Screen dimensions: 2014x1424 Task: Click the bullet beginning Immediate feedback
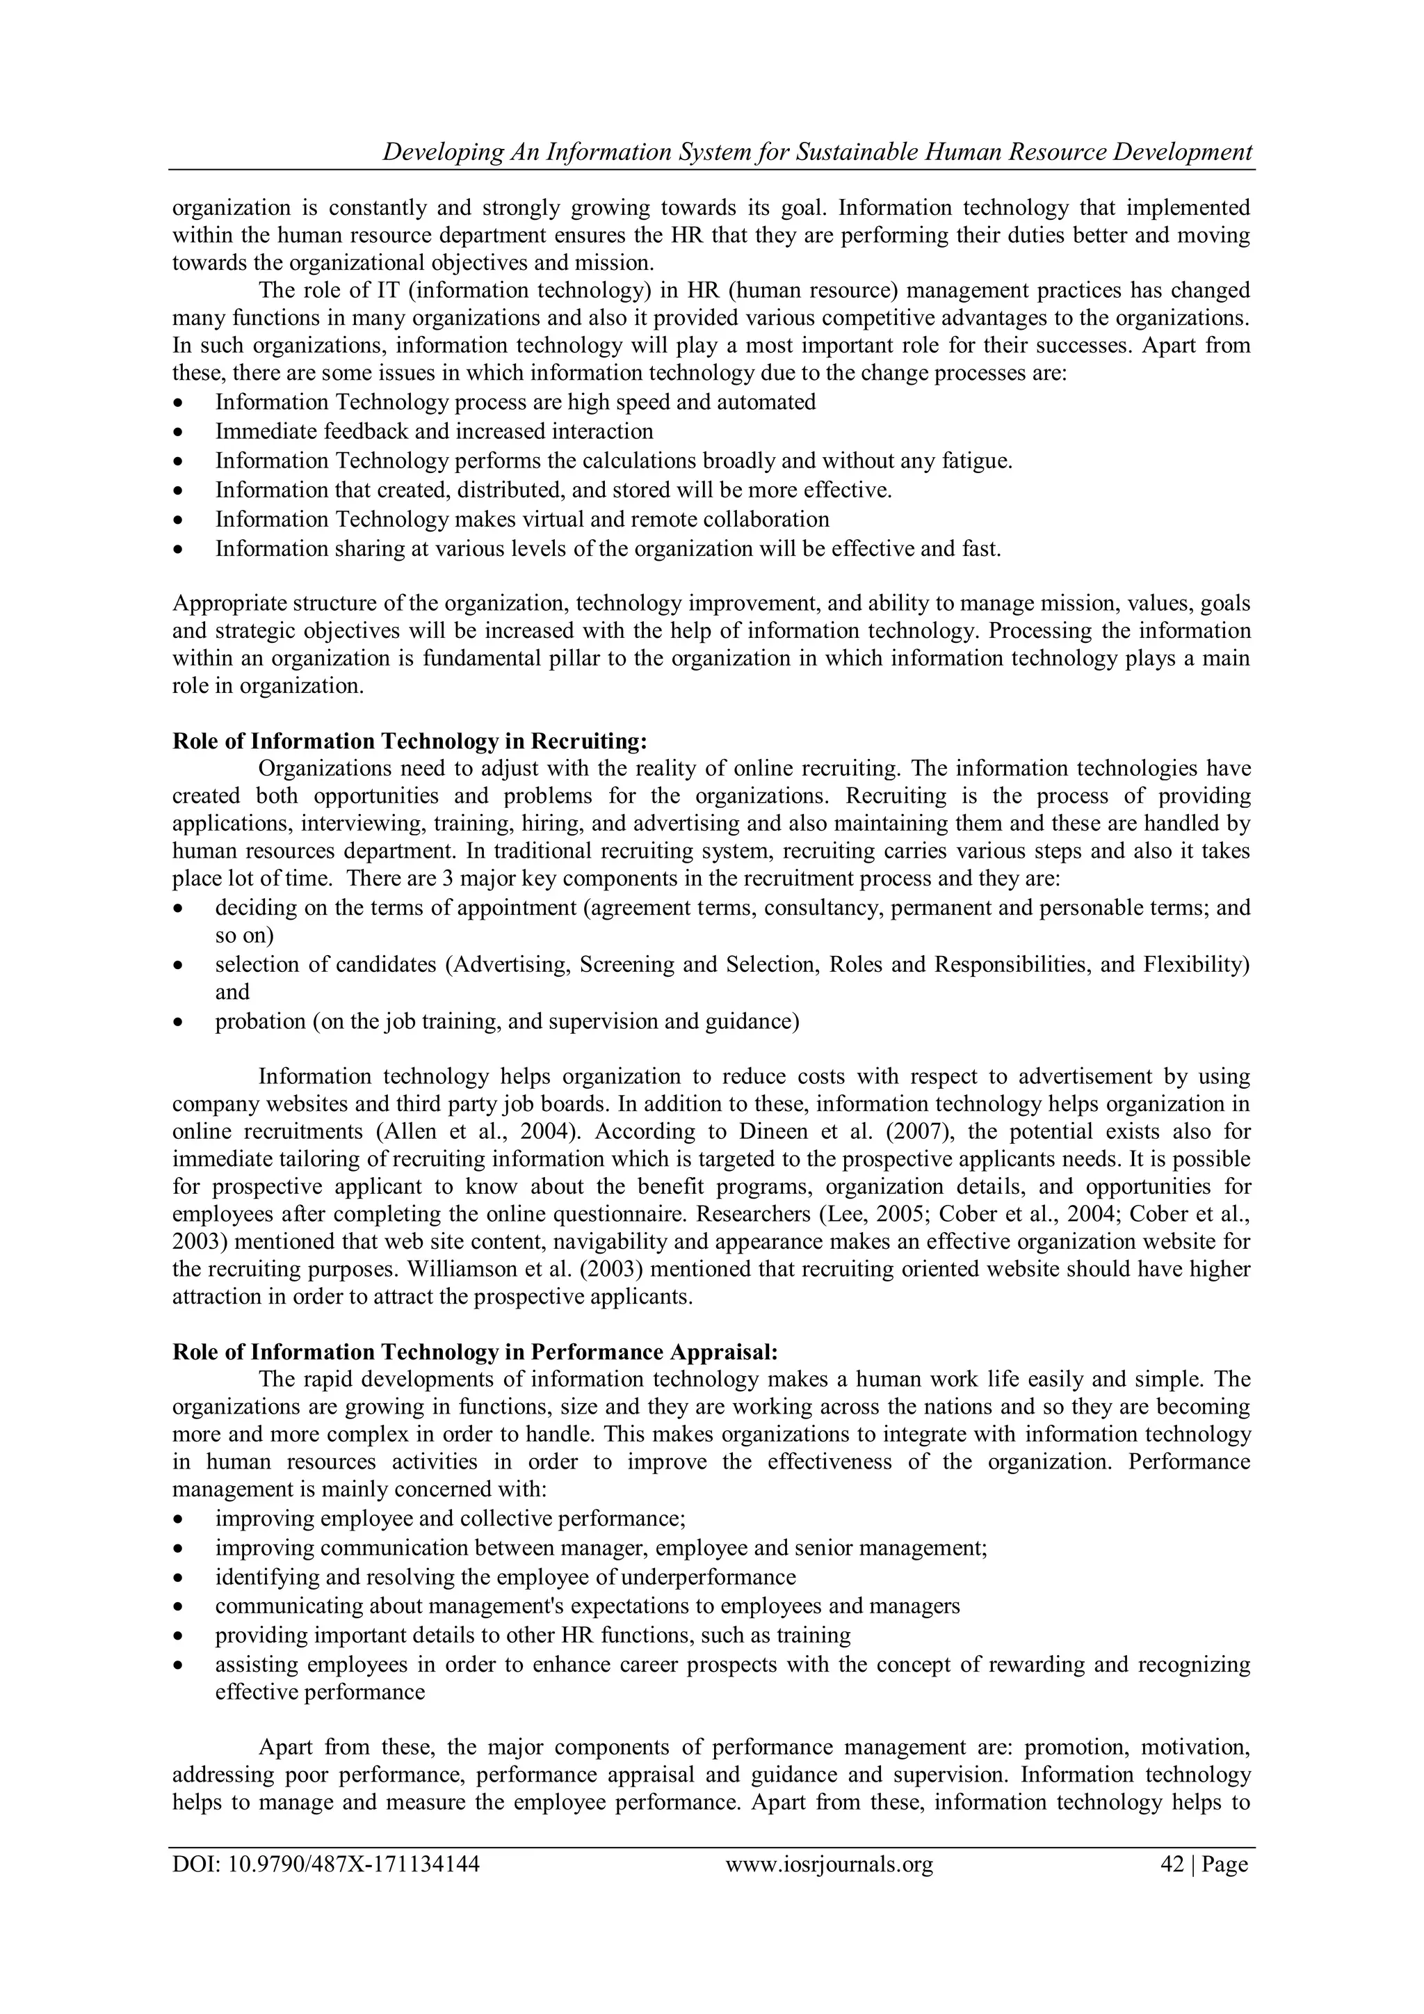click(x=434, y=431)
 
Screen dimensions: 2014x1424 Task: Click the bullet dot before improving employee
click(x=180, y=1520)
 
